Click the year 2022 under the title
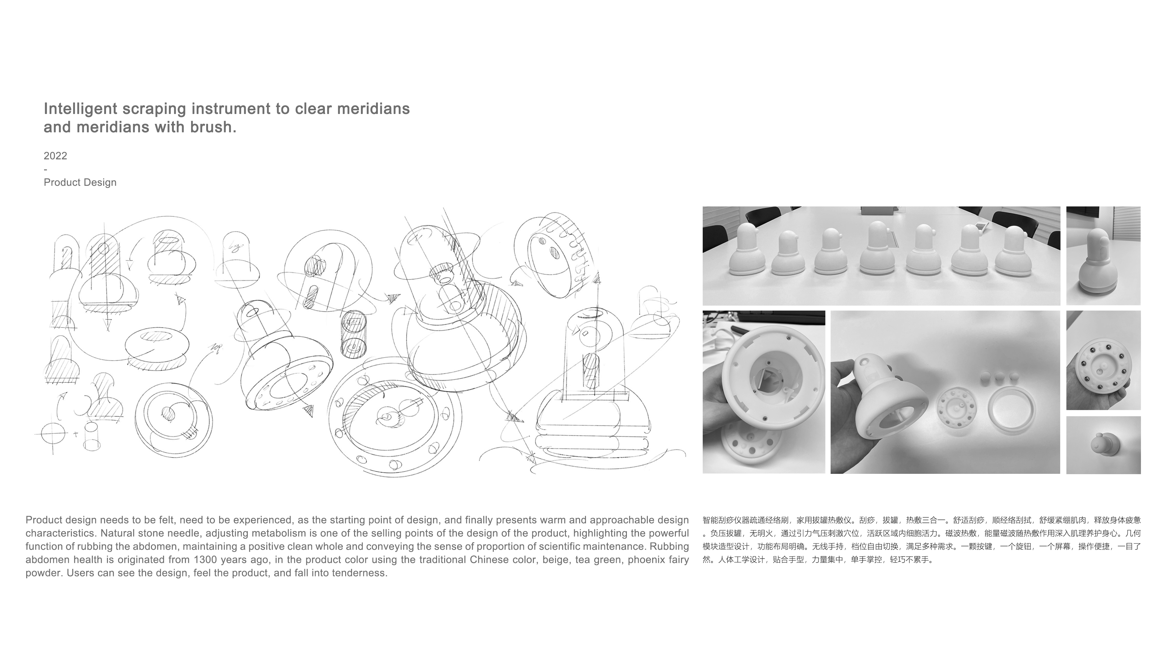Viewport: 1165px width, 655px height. click(55, 156)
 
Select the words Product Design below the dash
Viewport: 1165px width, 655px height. click(80, 183)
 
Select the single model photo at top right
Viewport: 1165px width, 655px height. click(1103, 256)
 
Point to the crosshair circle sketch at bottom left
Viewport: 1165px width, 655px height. click(53, 434)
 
